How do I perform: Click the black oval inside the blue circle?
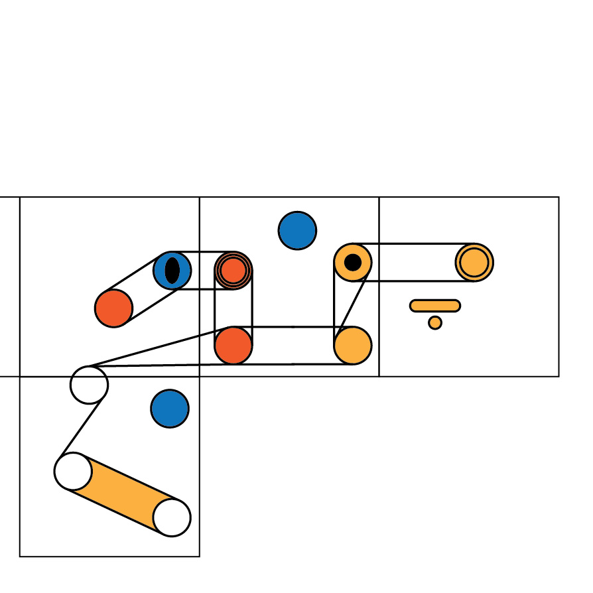[x=172, y=271]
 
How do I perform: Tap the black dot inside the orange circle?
[x=353, y=262]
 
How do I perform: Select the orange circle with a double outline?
[x=474, y=263]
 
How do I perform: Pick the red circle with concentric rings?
[x=233, y=271]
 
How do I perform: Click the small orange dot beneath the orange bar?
[x=435, y=323]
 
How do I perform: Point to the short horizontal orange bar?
[x=435, y=306]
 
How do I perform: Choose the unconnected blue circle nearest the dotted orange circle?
[x=297, y=231]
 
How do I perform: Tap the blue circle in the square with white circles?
[x=170, y=409]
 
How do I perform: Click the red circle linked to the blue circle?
[x=114, y=308]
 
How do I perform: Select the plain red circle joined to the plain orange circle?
[x=233, y=346]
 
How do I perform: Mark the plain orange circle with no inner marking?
[x=353, y=346]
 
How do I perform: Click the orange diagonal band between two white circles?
[x=123, y=494]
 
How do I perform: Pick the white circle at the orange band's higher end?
[x=73, y=472]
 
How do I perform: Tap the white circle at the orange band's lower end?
[x=172, y=517]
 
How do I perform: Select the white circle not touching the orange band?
[x=89, y=385]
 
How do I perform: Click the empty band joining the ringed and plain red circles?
[x=233, y=308]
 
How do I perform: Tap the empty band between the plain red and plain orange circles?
[x=293, y=346]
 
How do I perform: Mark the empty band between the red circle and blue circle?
[x=143, y=289]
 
